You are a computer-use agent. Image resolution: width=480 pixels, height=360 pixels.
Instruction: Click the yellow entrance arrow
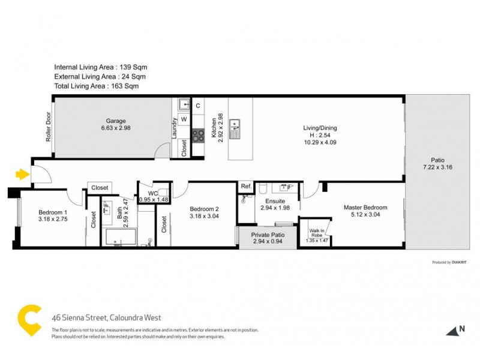coord(22,175)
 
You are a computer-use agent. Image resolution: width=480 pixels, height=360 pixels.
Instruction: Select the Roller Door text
coord(49,127)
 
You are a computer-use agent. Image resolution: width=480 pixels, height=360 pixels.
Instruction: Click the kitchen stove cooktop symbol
coord(197,135)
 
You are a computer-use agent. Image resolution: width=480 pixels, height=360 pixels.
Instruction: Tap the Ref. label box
coord(245,187)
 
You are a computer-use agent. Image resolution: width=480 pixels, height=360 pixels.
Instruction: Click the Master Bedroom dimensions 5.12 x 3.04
coord(365,216)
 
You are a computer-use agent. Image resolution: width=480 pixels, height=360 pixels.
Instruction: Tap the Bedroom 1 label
coord(53,212)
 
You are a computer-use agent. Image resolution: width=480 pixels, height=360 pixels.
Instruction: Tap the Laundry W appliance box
coord(184,119)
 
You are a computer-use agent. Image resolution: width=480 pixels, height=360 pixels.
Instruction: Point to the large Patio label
coord(437,160)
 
